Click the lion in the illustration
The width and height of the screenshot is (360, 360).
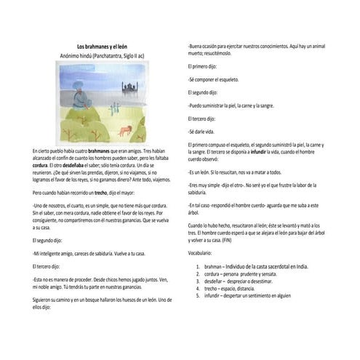point(127,129)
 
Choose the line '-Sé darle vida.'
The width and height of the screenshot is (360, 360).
point(200,131)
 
